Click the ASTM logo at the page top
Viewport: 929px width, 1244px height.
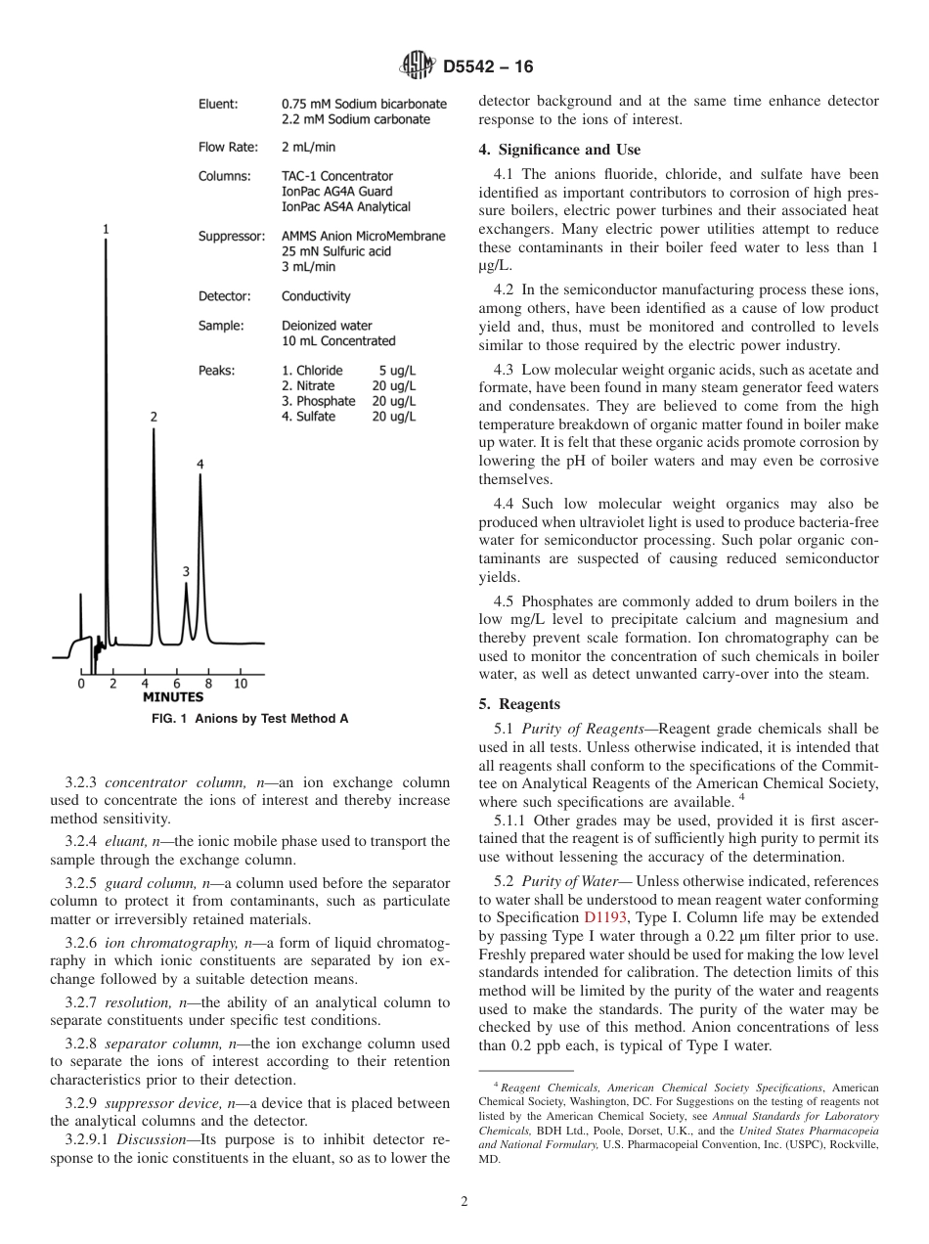[x=417, y=67]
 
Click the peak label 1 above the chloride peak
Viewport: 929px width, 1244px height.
[x=106, y=229]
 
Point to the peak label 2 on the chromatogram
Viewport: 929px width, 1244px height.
[x=154, y=417]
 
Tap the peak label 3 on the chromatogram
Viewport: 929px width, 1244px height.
[x=186, y=571]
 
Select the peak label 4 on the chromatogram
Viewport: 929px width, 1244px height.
[x=200, y=464]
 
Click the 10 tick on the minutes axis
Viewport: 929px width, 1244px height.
[x=241, y=683]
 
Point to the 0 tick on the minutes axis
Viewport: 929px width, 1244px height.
[x=81, y=683]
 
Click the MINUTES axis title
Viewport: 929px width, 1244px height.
[x=173, y=697]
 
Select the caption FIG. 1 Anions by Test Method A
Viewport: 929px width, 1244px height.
[x=249, y=719]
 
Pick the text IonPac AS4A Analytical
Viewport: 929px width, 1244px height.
[x=346, y=206]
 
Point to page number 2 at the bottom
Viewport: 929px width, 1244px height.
[x=464, y=1202]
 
